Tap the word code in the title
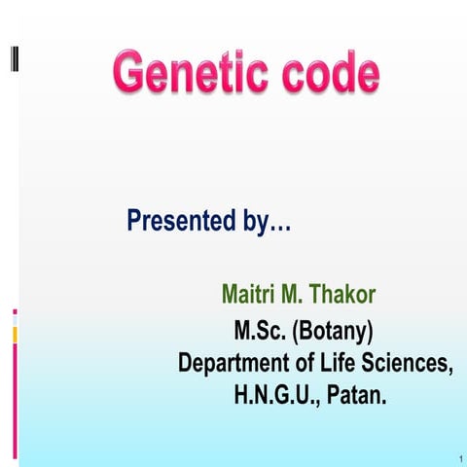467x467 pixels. click(326, 74)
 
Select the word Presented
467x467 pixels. click(181, 222)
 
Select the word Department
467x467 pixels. click(239, 364)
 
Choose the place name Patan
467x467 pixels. click(356, 397)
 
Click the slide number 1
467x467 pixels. click(456, 455)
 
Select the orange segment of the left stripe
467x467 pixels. click(15, 335)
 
